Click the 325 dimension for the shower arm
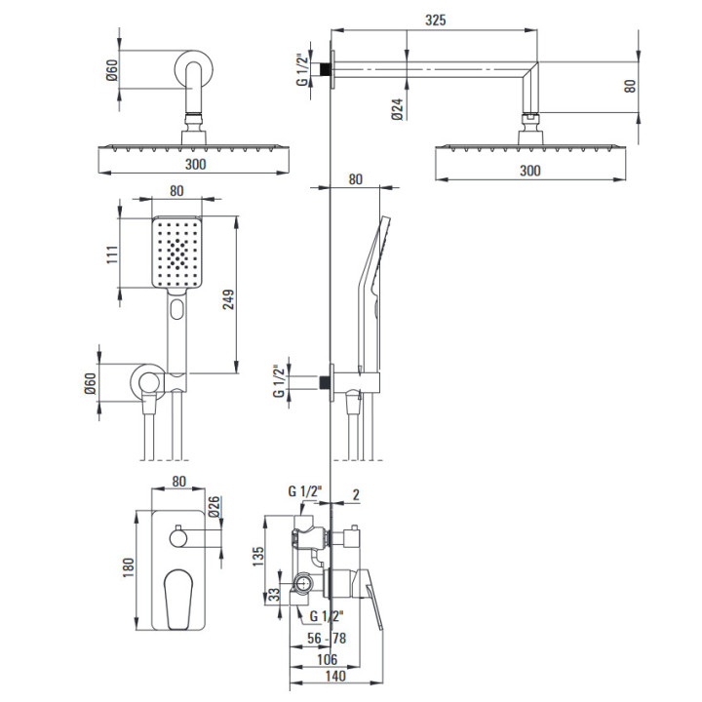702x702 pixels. [435, 19]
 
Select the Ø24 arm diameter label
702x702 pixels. [398, 109]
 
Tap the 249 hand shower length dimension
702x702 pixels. [228, 299]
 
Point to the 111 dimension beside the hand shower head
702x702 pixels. [112, 254]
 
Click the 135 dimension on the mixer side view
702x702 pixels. [258, 556]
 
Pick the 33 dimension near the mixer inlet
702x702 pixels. [274, 594]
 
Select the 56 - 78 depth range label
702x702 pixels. [327, 638]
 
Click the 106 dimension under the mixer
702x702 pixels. [328, 659]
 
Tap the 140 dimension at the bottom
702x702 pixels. [335, 676]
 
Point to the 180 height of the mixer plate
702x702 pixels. [129, 567]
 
